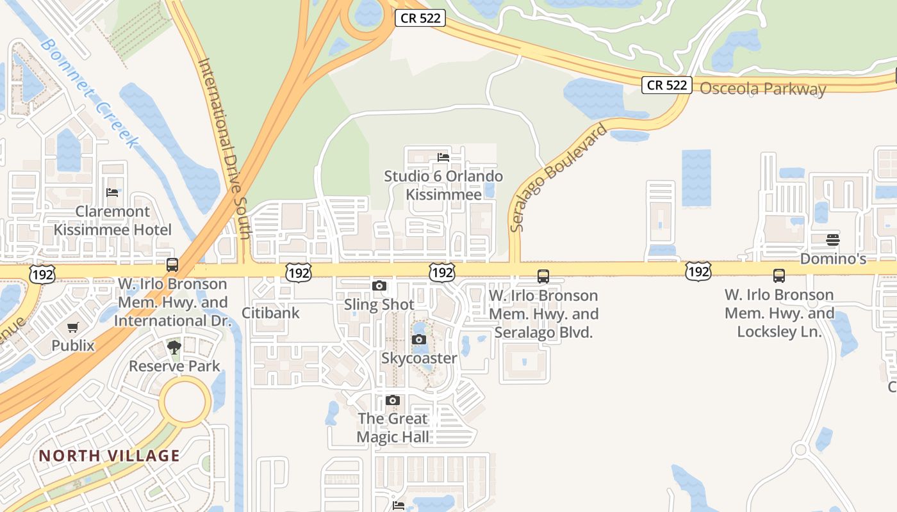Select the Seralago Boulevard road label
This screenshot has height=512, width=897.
558,178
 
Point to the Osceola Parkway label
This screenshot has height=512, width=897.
762,89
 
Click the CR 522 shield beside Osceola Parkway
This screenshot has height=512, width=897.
666,85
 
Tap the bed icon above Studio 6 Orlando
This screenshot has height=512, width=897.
443,157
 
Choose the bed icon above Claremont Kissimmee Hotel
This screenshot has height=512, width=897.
112,193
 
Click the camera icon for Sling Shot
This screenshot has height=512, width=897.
379,286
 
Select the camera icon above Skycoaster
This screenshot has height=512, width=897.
419,340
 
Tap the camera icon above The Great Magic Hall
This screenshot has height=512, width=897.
393,401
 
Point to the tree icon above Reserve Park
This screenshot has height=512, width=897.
174,348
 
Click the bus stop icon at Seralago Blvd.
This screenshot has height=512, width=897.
543,276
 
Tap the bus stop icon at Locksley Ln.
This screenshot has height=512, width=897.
779,276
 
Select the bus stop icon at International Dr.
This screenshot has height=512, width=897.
172,265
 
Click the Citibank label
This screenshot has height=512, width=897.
270,313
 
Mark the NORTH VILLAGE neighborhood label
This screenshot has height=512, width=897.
110,456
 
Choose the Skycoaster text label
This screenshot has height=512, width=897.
419,358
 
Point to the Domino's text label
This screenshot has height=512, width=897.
833,259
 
